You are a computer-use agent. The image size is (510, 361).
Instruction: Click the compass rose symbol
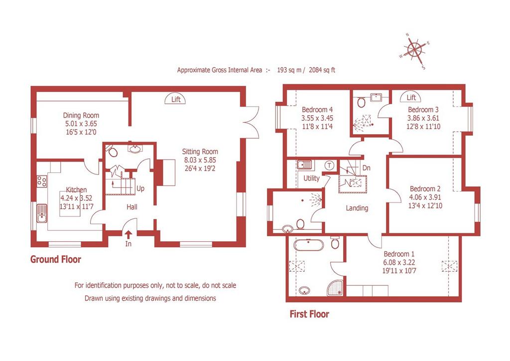(415, 50)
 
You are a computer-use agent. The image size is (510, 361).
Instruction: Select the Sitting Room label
(200, 152)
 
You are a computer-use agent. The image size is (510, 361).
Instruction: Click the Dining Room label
(81, 115)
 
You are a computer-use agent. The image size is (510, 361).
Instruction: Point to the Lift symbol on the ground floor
(176, 99)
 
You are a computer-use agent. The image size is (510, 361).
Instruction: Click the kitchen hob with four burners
(42, 181)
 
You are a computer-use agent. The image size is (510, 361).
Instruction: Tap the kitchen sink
(42, 213)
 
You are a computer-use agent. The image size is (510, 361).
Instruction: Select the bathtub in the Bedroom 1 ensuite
(308, 244)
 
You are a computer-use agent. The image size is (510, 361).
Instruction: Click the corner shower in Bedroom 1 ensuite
(336, 287)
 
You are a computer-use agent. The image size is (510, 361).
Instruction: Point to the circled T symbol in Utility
(329, 166)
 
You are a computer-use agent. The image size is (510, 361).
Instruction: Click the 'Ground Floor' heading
(56, 259)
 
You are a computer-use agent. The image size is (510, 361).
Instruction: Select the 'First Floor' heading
(309, 314)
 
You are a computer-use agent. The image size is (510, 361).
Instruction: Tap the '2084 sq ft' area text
(322, 70)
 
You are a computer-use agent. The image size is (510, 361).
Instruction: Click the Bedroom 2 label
(425, 189)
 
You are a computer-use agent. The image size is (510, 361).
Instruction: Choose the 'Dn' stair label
(366, 168)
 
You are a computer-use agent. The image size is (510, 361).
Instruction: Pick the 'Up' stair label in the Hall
(140, 188)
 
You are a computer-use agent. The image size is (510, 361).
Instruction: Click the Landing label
(357, 208)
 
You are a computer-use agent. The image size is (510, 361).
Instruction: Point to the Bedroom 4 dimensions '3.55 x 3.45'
(317, 118)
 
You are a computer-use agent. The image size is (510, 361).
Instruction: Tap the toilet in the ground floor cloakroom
(113, 151)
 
